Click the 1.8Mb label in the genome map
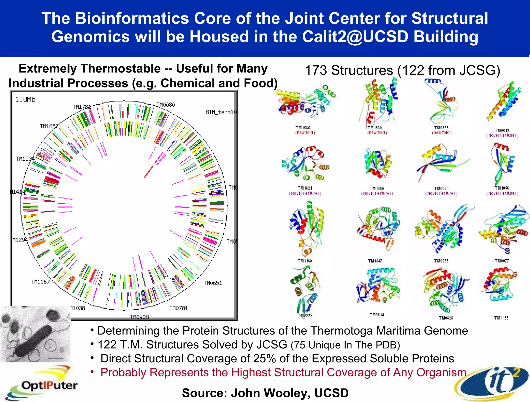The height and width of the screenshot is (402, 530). click(x=25, y=100)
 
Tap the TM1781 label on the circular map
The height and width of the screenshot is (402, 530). click(x=82, y=107)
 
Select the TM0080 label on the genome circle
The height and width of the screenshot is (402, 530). click(x=166, y=105)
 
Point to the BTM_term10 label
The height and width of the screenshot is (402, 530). click(x=221, y=112)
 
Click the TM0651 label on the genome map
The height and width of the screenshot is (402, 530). click(x=213, y=283)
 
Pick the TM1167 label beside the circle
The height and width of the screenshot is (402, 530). click(x=40, y=282)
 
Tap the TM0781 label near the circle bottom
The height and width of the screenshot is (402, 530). click(x=179, y=308)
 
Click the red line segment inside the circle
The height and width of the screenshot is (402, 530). click(x=149, y=172)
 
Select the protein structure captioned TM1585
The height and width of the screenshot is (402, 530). click(x=305, y=102)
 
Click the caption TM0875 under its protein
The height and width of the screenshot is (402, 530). click(x=441, y=128)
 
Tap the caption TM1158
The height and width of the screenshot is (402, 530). click(x=501, y=318)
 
